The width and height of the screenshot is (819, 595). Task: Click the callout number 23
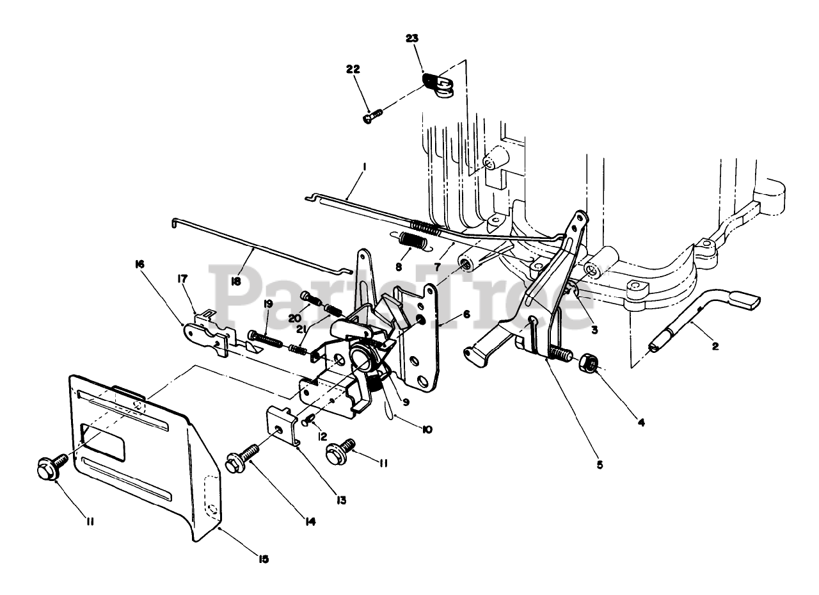pos(411,39)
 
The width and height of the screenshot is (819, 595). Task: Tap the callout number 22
pos(353,69)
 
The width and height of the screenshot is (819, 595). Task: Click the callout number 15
pos(264,559)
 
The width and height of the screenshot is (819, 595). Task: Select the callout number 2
pos(715,346)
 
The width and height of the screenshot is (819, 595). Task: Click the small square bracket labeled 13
pos(282,425)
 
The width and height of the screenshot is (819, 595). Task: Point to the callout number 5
pos(600,464)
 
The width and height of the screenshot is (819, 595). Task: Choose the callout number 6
pos(466,315)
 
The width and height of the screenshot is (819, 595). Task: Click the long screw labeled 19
pos(266,338)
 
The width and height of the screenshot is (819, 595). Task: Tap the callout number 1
pos(363,167)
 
